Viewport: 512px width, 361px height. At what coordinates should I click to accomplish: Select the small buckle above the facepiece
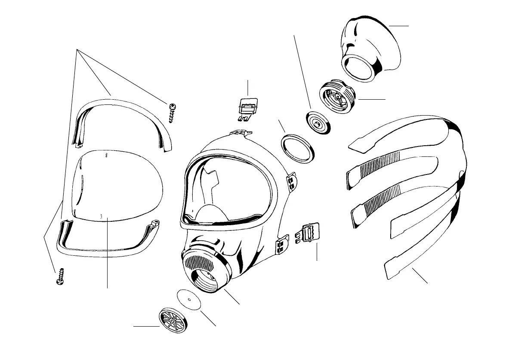[x=247, y=108]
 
